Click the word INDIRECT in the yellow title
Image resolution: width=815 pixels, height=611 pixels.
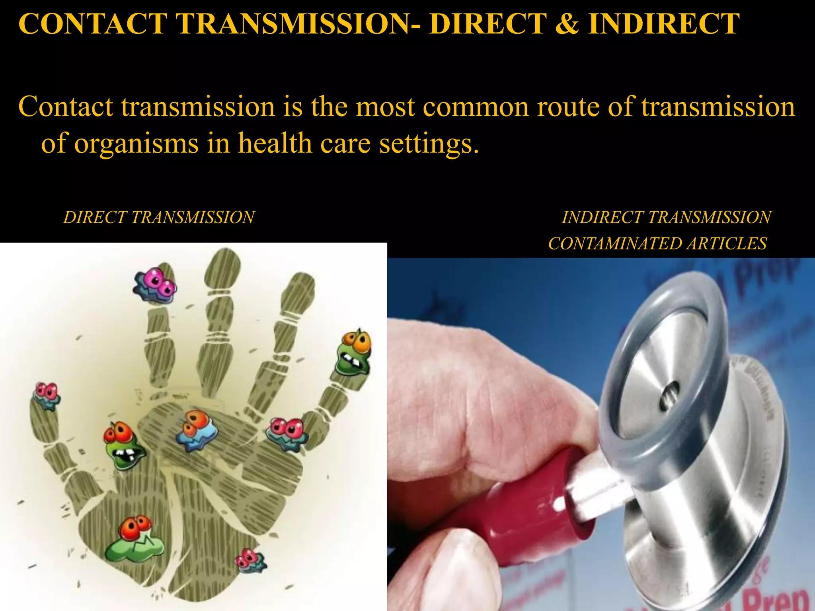click(x=664, y=24)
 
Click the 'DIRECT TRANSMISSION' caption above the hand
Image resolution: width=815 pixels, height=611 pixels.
click(x=159, y=218)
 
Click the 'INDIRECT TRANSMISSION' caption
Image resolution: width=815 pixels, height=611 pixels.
click(x=666, y=218)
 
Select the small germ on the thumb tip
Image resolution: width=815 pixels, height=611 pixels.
click(x=47, y=395)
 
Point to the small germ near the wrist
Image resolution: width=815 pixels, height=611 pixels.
click(x=250, y=561)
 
